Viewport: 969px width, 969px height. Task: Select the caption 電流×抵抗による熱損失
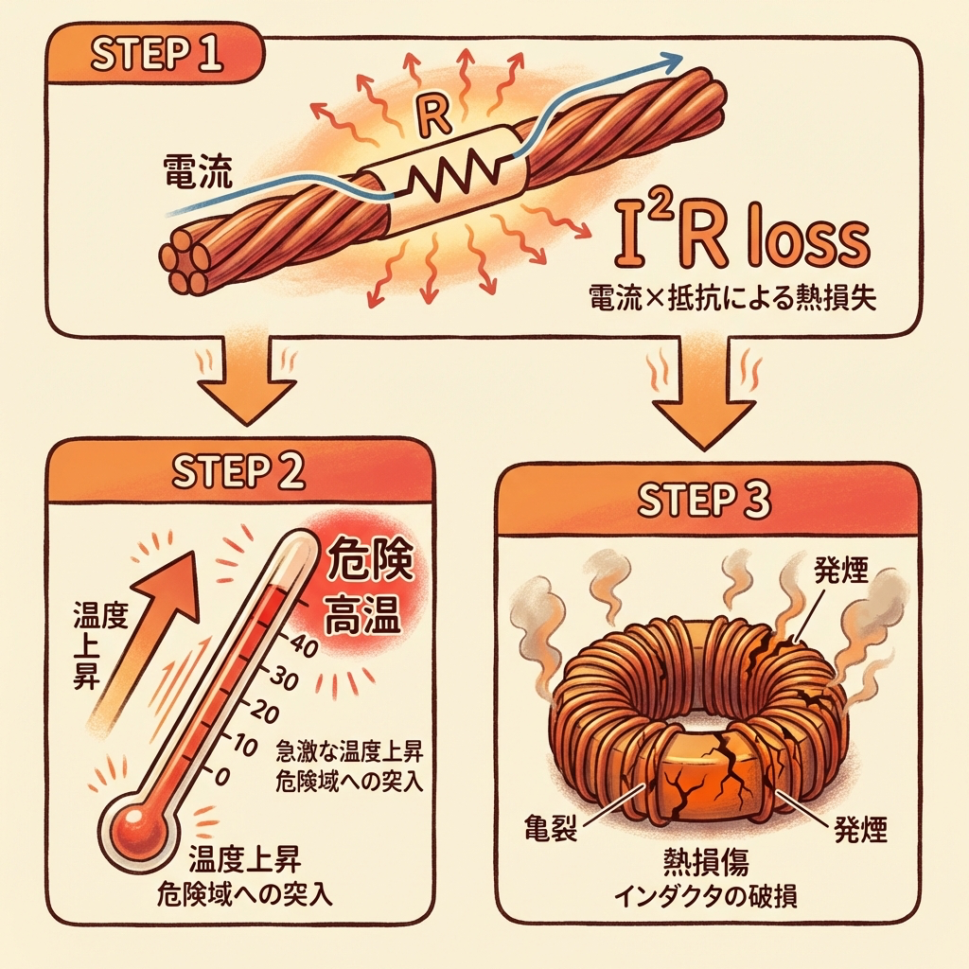731,301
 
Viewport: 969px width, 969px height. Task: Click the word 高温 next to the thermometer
363,621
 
